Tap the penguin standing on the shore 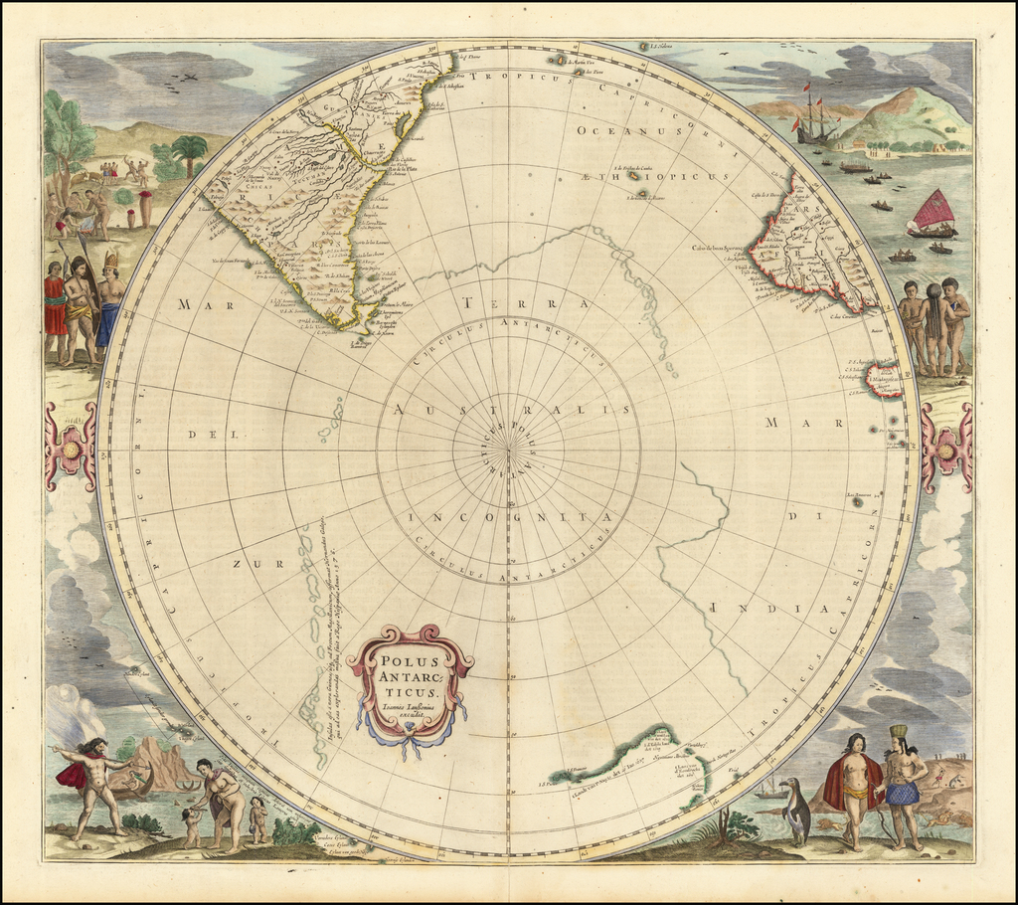pos(796,812)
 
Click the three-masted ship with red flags pos(815,117)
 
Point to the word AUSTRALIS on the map pos(510,409)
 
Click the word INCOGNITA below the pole pos(509,518)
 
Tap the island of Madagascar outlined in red pos(885,380)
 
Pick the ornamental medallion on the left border pos(71,447)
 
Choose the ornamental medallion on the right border pos(945,448)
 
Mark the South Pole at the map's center pos(509,452)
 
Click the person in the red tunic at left pos(54,308)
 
